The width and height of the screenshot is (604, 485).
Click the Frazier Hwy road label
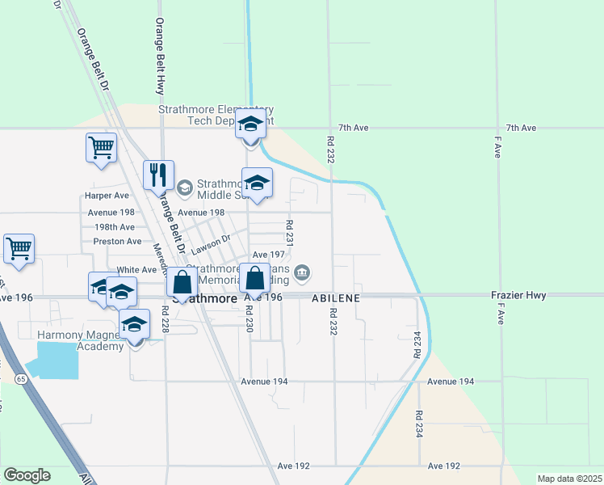pyautogui.click(x=514, y=297)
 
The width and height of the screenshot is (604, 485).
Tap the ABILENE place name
pyautogui.click(x=335, y=297)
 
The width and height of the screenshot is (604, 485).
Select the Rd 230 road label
pyautogui.click(x=250, y=316)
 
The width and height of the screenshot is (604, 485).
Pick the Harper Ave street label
pyautogui.click(x=107, y=196)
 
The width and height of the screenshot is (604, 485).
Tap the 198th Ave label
pyautogui.click(x=114, y=227)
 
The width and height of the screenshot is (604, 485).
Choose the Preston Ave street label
pyautogui.click(x=117, y=241)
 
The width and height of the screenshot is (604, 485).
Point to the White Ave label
pyautogui.click(x=136, y=270)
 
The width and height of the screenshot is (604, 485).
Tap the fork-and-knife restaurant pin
pyautogui.click(x=158, y=175)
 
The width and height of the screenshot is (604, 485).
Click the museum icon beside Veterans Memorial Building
pyautogui.click(x=302, y=273)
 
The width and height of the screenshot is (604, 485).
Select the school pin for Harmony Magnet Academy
pyautogui.click(x=135, y=326)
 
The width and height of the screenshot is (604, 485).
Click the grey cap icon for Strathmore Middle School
pyautogui.click(x=184, y=188)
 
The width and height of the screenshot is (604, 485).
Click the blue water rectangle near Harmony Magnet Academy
pyautogui.click(x=57, y=360)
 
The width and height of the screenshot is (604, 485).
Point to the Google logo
pyautogui.click(x=27, y=475)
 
